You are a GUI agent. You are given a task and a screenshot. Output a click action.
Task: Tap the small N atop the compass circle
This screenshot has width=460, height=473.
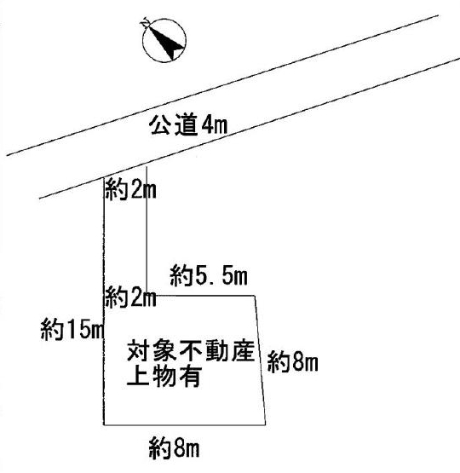coord(146,21)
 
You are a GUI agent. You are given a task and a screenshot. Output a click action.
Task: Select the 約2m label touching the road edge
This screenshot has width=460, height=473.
coord(130,189)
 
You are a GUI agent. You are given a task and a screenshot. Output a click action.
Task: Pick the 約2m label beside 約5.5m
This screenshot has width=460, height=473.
coord(130,297)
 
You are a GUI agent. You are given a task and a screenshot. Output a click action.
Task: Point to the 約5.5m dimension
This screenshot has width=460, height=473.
coord(209,275)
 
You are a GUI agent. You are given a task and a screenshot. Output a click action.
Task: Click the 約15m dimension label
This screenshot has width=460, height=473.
coord(72,330)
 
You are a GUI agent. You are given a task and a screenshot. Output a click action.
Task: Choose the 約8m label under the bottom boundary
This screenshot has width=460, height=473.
coord(174,447)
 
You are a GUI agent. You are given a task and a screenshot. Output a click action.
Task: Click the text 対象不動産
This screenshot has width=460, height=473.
coord(191,351)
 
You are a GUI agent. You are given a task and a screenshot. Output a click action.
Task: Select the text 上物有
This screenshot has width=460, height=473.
coord(164,376)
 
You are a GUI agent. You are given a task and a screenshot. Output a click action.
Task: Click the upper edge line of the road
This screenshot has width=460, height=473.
coord(222,85)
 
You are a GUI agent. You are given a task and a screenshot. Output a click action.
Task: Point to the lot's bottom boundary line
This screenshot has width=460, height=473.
coord(185,425)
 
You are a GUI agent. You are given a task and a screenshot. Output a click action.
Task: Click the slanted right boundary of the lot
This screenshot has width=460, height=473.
coord(261,361)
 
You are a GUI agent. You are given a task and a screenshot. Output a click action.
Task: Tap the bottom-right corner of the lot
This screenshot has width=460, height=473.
coord(265,425)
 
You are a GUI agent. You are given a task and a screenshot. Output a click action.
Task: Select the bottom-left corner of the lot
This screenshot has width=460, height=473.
coord(104,425)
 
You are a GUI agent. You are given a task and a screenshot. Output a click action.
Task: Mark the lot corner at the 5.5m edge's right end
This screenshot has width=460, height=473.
coord(256,296)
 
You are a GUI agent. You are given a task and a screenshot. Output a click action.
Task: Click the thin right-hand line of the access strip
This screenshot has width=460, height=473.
coord(147,231)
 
